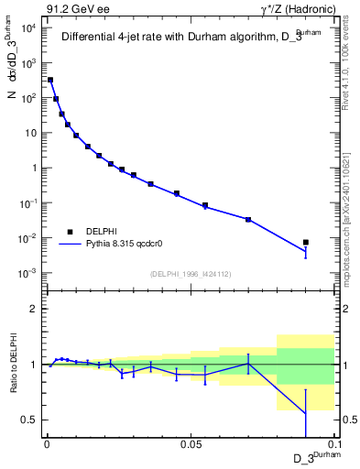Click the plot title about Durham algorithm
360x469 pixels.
[x=183, y=38]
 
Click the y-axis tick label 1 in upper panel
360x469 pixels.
[x=34, y=169]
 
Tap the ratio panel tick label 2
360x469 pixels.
[x=34, y=309]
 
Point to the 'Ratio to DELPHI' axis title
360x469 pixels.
[x=12, y=365]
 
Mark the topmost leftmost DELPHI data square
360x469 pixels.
[x=50, y=80]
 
